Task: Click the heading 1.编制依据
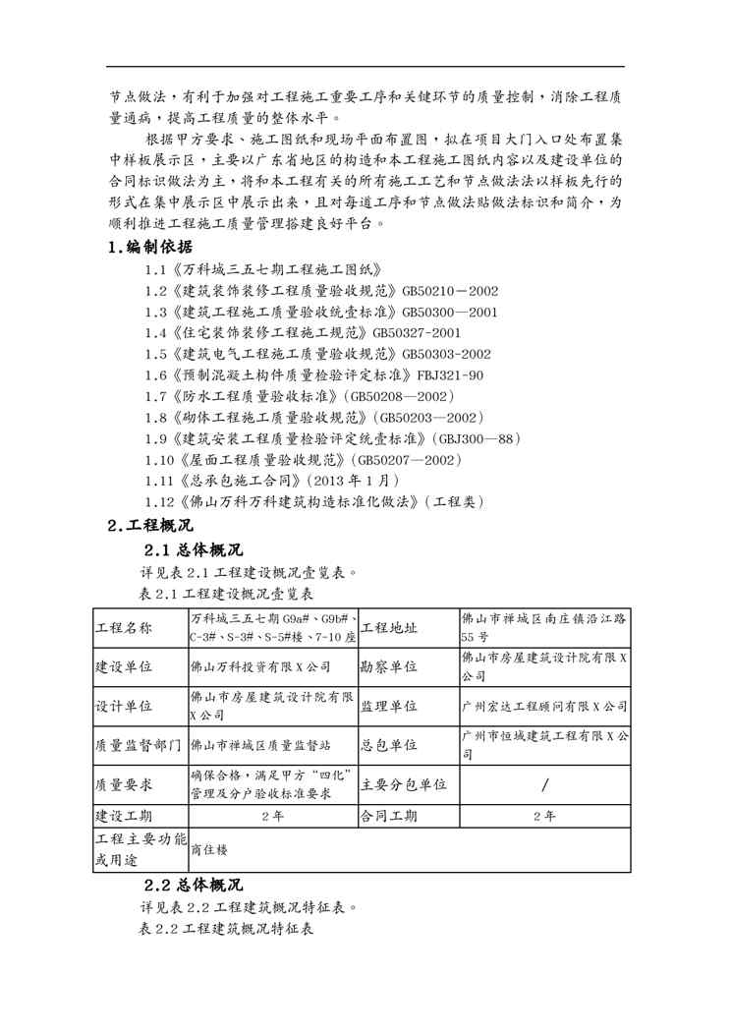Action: pos(150,247)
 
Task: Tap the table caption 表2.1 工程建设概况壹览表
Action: pos(227,595)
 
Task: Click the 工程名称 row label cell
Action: pos(124,628)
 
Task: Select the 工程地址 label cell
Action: pos(390,628)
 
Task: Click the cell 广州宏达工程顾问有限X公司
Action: pos(544,706)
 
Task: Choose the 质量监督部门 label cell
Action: pos(138,745)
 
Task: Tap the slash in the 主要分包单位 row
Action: pos(544,784)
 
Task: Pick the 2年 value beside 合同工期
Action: pos(544,816)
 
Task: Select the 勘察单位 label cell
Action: pos(390,666)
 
